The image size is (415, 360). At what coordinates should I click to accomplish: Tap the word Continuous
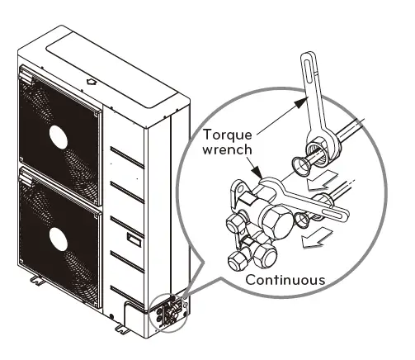[x=285, y=278]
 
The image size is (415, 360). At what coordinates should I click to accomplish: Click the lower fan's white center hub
[x=59, y=239]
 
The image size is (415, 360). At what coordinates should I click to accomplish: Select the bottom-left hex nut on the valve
[x=238, y=258]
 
